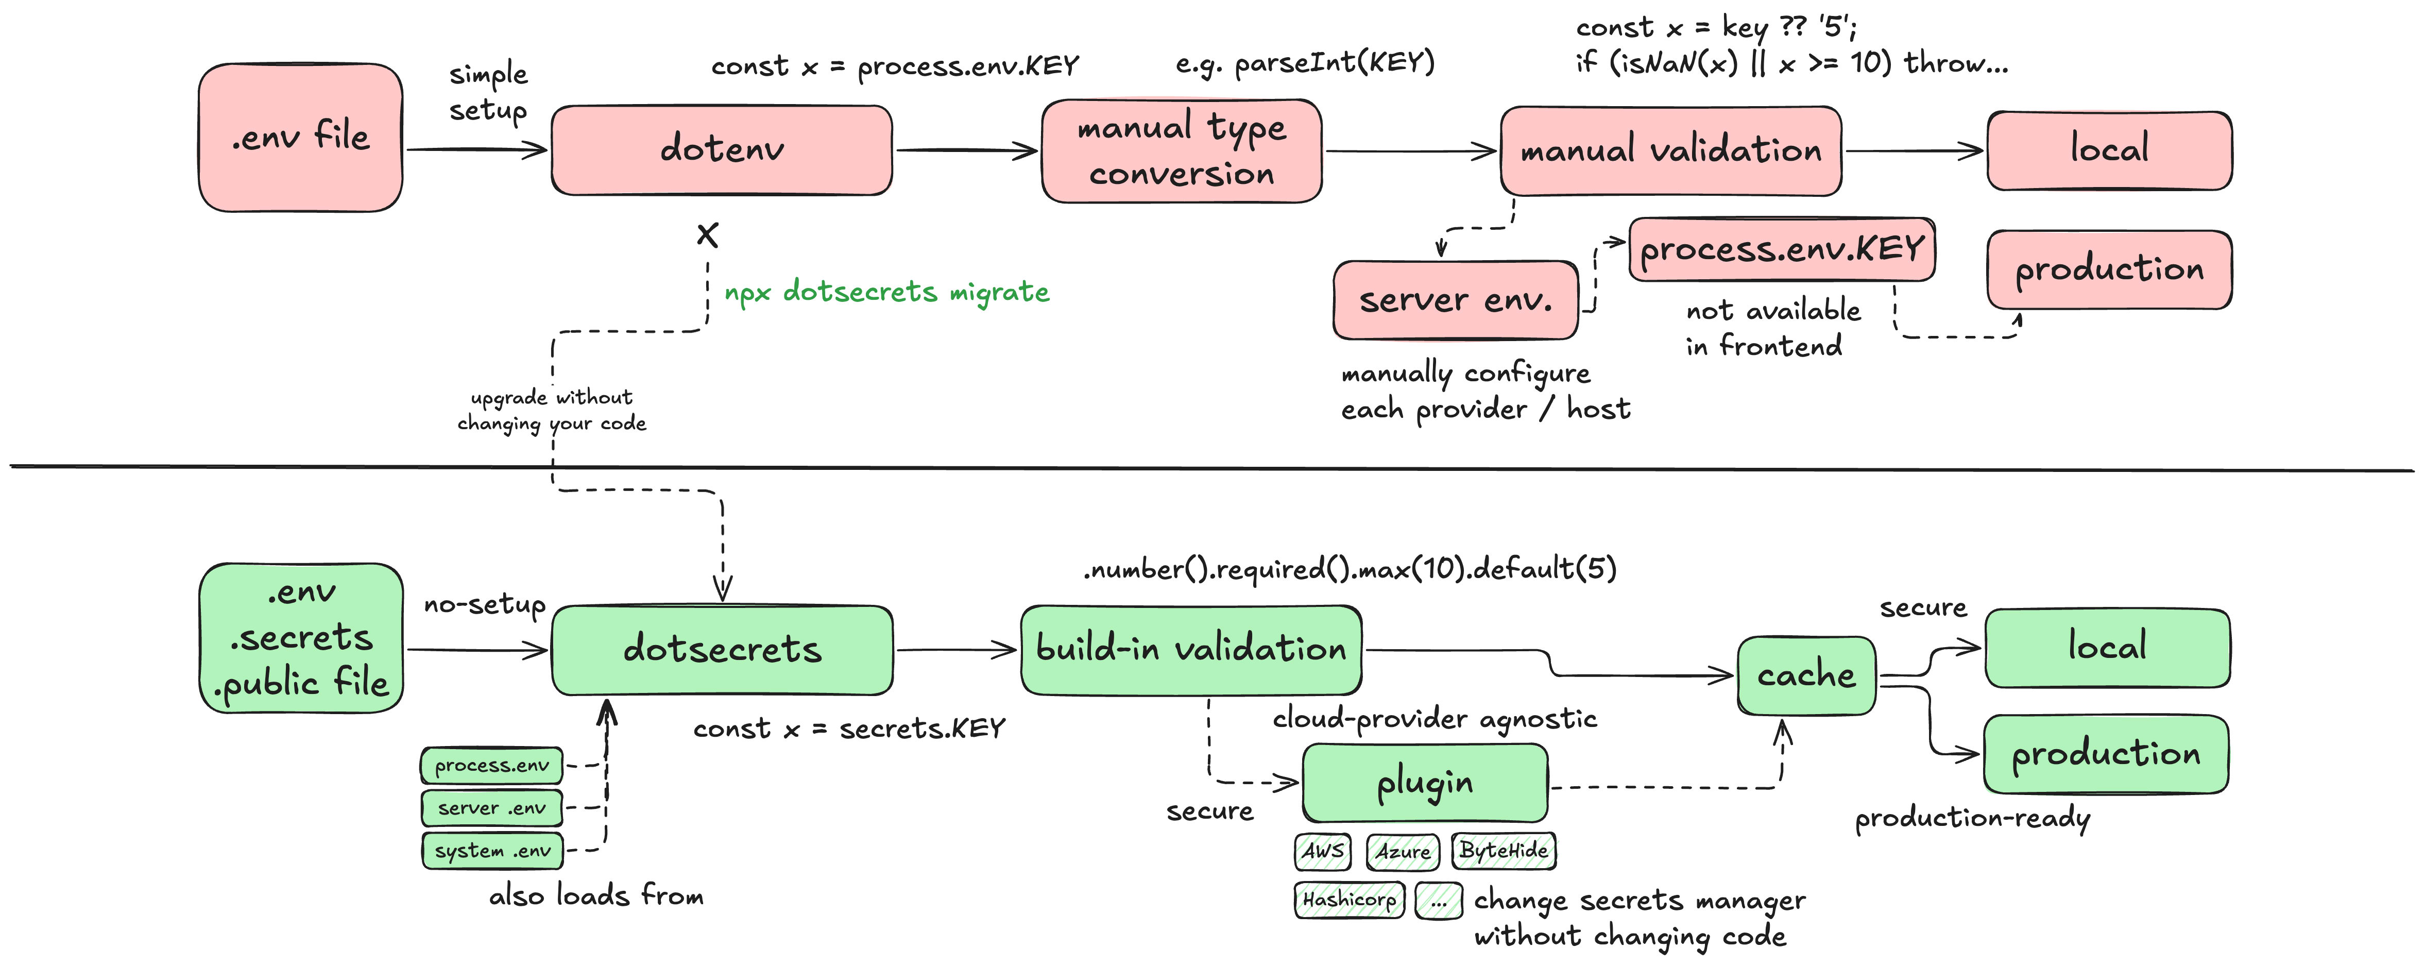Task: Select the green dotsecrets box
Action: point(722,650)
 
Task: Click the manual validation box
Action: point(1670,150)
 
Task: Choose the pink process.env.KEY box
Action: point(1781,249)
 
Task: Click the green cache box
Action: point(1806,675)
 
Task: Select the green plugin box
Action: point(1425,783)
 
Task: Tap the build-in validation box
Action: point(1191,650)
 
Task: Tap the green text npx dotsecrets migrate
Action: point(886,292)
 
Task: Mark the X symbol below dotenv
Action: point(708,234)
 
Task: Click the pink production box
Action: point(2109,270)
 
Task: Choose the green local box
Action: point(2107,648)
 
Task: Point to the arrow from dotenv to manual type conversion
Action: point(966,150)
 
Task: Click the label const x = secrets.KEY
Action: point(849,729)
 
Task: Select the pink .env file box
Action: point(300,138)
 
